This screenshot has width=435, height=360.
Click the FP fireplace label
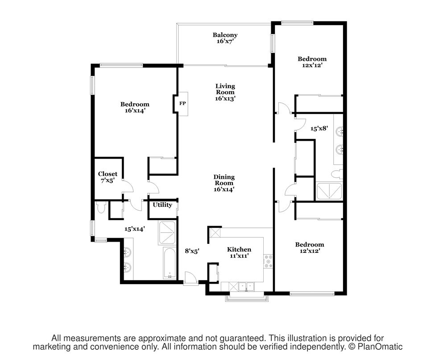[x=182, y=104]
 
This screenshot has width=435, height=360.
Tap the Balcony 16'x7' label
[x=225, y=38]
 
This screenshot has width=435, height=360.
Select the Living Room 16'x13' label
[x=225, y=92]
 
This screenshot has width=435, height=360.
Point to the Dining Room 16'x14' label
[x=224, y=183]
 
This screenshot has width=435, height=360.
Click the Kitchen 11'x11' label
[x=239, y=252]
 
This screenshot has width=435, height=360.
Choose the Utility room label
[x=162, y=205]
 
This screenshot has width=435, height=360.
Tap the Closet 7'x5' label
[x=108, y=177]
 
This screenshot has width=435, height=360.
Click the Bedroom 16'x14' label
[x=135, y=108]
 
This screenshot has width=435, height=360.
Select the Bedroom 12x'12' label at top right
[x=312, y=62]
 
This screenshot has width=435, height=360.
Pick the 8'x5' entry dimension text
[x=192, y=251]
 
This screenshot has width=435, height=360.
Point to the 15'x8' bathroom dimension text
[x=319, y=129]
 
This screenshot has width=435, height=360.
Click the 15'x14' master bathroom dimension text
[x=135, y=229]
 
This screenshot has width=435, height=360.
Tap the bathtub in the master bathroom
[x=169, y=263]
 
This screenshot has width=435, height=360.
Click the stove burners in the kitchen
[x=268, y=261]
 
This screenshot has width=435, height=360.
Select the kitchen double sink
[x=247, y=286]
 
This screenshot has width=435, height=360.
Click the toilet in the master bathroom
[x=101, y=207]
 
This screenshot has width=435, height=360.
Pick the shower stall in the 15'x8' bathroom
[x=329, y=191]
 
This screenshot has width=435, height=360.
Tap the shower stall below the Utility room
[x=167, y=233]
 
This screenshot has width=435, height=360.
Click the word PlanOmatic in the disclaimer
[x=380, y=347]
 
